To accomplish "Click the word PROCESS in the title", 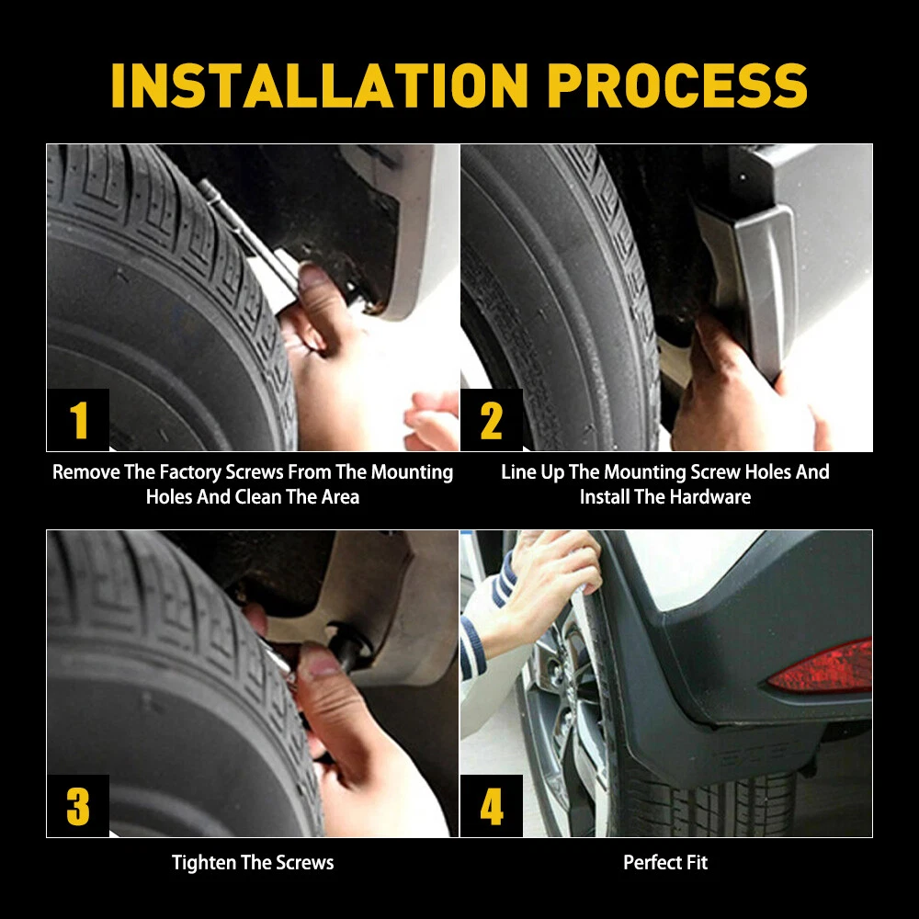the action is [677, 85].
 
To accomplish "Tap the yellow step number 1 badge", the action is [78, 420].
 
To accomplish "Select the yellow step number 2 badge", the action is [492, 420].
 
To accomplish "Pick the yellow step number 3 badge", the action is [78, 807].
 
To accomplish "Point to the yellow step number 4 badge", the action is [492, 807].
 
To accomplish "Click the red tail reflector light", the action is [822, 667].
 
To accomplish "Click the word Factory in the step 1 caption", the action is [190, 472].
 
